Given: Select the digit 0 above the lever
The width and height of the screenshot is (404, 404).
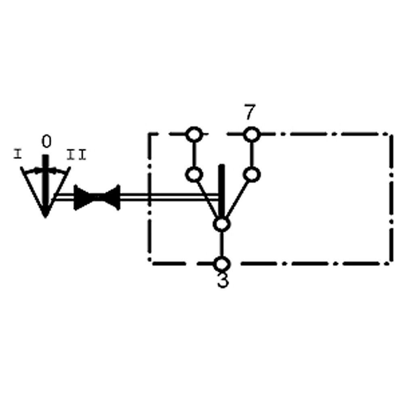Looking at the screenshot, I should point(46,142).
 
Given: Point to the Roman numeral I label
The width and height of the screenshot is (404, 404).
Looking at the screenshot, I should point(17,154).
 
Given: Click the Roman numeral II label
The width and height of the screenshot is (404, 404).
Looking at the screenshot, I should point(76,154).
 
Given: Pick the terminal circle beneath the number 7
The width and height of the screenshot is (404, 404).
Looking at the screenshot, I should point(251,134).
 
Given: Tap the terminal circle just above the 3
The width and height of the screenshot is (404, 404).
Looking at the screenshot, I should point(221,263).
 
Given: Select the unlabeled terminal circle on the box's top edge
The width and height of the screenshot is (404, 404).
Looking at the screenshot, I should point(194,134).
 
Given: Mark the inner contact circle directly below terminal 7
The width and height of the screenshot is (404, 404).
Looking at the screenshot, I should point(251,175).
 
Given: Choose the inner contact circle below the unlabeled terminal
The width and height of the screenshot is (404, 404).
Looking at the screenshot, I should point(194,175).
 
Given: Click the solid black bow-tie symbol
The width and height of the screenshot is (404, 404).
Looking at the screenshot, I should point(97,198).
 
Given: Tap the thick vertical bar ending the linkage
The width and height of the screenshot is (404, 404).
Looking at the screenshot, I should point(221,190).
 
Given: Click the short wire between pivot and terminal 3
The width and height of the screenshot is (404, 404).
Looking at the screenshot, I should point(221,244).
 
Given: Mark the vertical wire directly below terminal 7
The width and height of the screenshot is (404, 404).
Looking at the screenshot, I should point(251,154).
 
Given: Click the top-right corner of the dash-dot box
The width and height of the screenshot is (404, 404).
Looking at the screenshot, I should point(391,134).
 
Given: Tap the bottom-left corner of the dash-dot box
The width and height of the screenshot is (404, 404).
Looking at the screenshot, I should point(150,263).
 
